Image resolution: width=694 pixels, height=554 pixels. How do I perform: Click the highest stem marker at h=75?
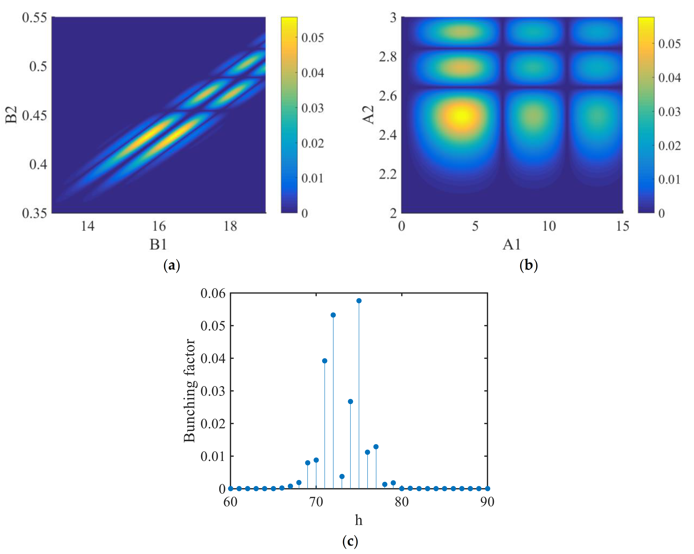tap(359, 301)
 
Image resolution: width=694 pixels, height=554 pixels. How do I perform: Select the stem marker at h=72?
tap(333, 315)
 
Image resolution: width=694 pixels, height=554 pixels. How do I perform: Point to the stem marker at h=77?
tap(376, 447)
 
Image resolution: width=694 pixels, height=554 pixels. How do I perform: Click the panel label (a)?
tap(172, 266)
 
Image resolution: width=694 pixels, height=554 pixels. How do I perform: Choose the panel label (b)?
tap(528, 266)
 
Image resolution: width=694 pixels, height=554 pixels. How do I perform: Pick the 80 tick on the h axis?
tap(402, 502)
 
